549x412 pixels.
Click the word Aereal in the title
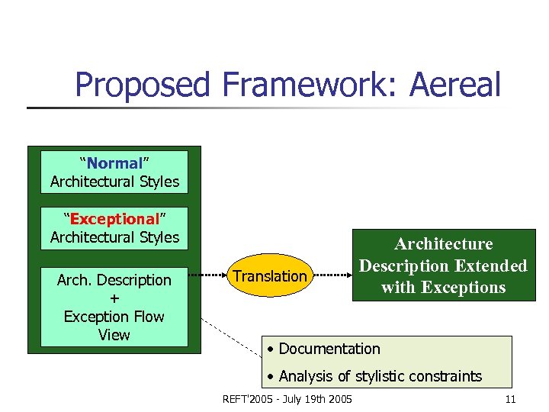[x=455, y=85]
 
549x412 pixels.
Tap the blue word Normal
[x=114, y=163]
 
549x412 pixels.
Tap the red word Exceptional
[x=114, y=219]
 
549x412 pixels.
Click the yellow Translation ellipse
[x=270, y=275]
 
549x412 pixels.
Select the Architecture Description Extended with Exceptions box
[x=443, y=266]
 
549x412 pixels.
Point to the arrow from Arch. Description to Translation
[x=208, y=275]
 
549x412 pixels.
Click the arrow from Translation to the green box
[x=332, y=275]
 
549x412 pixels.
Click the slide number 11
[x=510, y=399]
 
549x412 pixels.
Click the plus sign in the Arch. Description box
[x=114, y=298]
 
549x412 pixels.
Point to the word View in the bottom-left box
[x=114, y=334]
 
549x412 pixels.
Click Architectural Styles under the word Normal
[x=114, y=182]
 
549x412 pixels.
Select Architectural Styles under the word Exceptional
[x=114, y=237]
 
